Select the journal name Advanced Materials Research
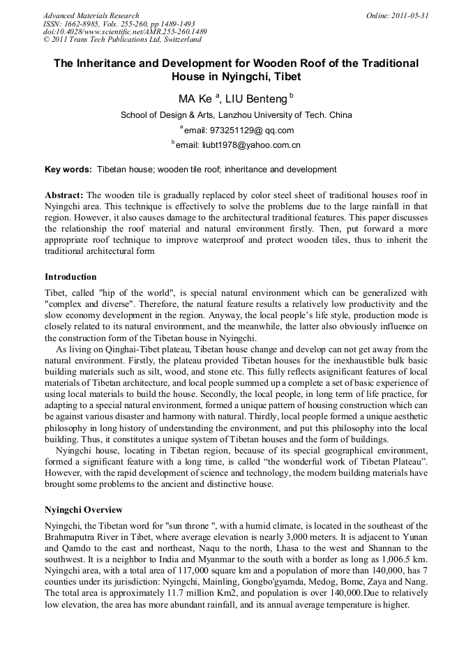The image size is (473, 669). pos(91,15)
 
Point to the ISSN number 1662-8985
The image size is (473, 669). pos(84,24)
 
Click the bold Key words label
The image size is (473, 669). pos(68,170)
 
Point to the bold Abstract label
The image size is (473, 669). pos(64,195)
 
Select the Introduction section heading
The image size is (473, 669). pos(70,277)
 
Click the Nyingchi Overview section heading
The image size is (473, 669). pos(83,510)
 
